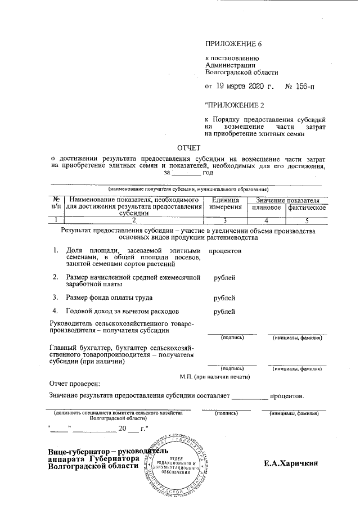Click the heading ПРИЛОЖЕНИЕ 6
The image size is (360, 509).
(234, 44)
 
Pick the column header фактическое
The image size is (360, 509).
(307, 208)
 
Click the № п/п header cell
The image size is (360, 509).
(56, 204)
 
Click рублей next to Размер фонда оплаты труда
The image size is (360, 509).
(225, 298)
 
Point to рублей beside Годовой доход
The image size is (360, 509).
(225, 311)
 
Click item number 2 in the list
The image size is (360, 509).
(55, 277)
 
